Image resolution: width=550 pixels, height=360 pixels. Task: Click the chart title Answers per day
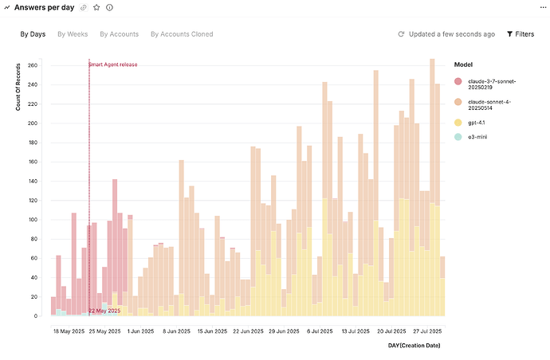[44, 7]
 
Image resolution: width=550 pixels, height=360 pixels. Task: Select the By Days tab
[33, 34]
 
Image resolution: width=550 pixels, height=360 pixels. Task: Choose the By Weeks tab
[73, 34]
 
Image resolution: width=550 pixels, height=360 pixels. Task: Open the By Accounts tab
[119, 34]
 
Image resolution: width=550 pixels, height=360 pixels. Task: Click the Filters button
[521, 34]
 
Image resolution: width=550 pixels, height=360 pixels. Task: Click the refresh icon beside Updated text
[401, 34]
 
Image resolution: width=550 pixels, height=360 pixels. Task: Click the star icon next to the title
[96, 7]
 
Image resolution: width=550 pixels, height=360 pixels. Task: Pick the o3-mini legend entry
[480, 137]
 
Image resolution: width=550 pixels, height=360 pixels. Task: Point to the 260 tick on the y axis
[32, 65]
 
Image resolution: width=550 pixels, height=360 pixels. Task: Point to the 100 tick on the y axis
[32, 220]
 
